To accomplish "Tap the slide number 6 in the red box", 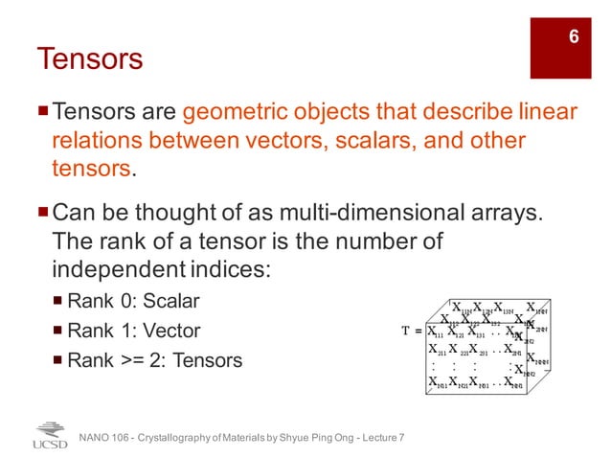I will [x=573, y=37].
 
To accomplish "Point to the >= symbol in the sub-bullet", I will [x=138, y=360].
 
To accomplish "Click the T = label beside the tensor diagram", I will [x=412, y=332].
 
